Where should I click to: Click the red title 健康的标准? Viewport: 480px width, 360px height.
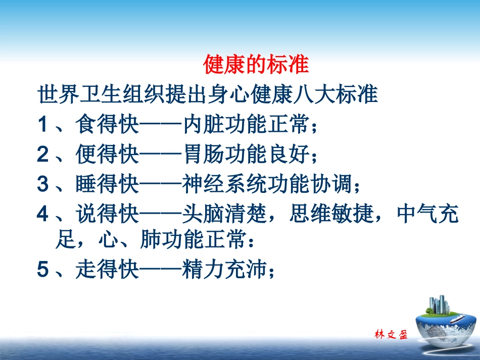pos(256,65)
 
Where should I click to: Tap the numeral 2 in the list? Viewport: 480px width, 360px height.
pos(42,155)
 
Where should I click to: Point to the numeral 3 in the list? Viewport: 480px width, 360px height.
pos(42,185)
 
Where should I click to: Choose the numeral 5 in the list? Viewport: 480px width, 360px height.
pos(42,271)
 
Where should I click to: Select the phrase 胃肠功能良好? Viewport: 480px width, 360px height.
pos(246,155)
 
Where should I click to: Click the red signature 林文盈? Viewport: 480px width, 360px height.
pos(391,335)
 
